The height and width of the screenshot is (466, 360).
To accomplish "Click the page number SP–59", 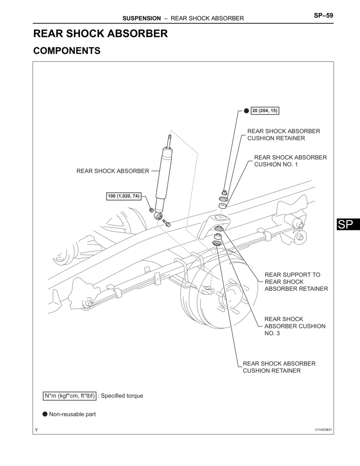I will (x=323, y=16).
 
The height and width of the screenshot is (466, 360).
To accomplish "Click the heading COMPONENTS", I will (x=67, y=51).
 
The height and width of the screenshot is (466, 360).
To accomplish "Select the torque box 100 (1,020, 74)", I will (x=123, y=196).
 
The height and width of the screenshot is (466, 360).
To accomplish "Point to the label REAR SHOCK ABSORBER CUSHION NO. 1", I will (x=290, y=161).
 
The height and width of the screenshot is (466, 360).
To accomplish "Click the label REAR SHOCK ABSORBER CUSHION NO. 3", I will (x=295, y=326).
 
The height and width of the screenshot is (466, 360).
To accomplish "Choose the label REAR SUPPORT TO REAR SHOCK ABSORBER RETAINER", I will (x=296, y=282).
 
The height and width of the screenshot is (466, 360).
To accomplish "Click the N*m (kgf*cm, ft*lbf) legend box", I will (x=70, y=396).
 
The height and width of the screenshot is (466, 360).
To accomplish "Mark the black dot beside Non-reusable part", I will (x=45, y=414).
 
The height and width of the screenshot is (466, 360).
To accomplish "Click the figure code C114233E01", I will (x=323, y=430).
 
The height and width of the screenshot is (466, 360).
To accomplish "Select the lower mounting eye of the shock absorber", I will (x=158, y=215).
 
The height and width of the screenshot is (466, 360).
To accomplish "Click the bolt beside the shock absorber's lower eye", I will (x=167, y=223).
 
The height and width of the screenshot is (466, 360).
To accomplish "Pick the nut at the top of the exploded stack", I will (x=224, y=191).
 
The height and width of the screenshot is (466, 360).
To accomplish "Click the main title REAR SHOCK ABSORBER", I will (x=101, y=34).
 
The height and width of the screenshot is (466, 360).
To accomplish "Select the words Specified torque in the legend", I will (x=122, y=396).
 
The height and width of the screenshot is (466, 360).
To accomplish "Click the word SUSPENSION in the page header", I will (x=142, y=19).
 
